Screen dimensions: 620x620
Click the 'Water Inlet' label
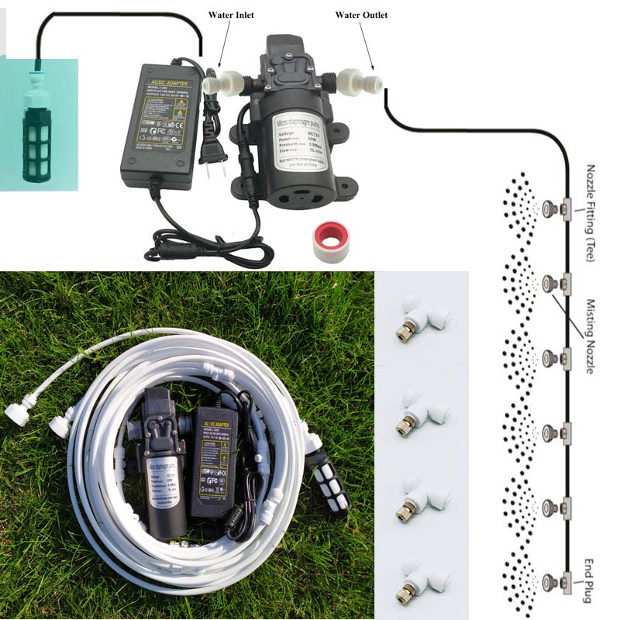point(231,15)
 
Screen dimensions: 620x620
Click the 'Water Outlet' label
point(361,15)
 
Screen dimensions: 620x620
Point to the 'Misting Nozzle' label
point(591,336)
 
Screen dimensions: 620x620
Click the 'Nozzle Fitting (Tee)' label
point(591,213)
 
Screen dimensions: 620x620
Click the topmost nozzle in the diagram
point(549,208)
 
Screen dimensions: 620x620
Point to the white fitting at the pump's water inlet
point(226,81)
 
